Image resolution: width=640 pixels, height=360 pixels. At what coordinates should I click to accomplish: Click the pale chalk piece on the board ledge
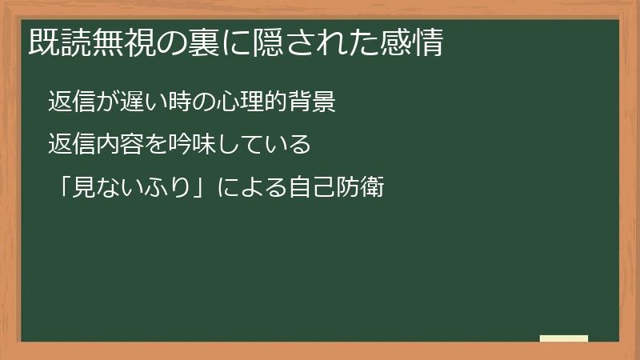(x=563, y=338)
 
